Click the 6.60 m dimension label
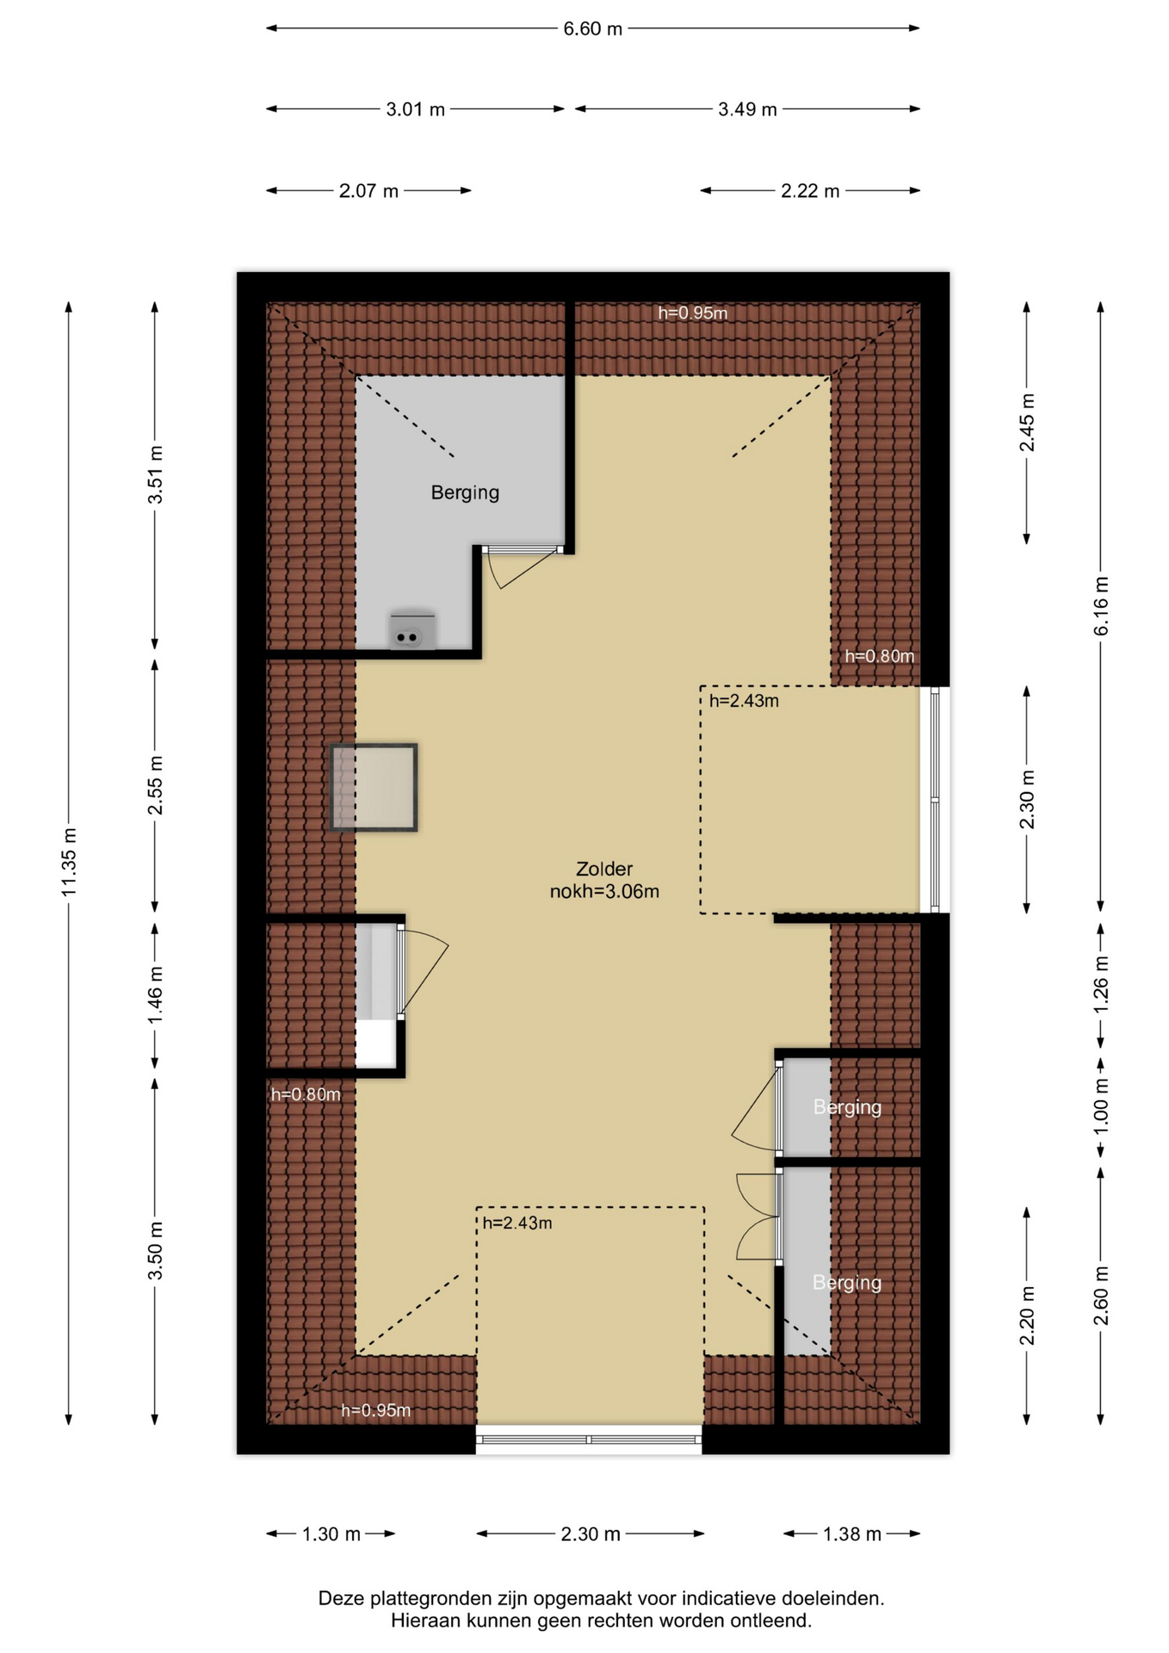click(x=592, y=28)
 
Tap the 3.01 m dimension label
click(x=415, y=109)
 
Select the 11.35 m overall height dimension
click(x=69, y=862)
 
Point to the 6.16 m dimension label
click(x=1101, y=606)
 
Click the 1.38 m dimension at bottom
click(x=852, y=1533)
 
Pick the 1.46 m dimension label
click(x=155, y=995)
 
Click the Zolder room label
click(x=604, y=870)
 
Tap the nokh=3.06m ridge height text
click(x=604, y=892)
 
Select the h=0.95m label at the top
click(x=693, y=313)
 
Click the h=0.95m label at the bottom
click(x=376, y=1410)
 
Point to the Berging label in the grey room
click(x=465, y=492)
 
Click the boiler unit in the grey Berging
click(x=411, y=630)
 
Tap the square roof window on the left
click(x=374, y=787)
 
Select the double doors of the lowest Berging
click(x=758, y=1216)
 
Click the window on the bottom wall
click(x=589, y=1439)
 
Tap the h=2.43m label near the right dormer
click(x=744, y=701)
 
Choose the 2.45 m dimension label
click(x=1026, y=422)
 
